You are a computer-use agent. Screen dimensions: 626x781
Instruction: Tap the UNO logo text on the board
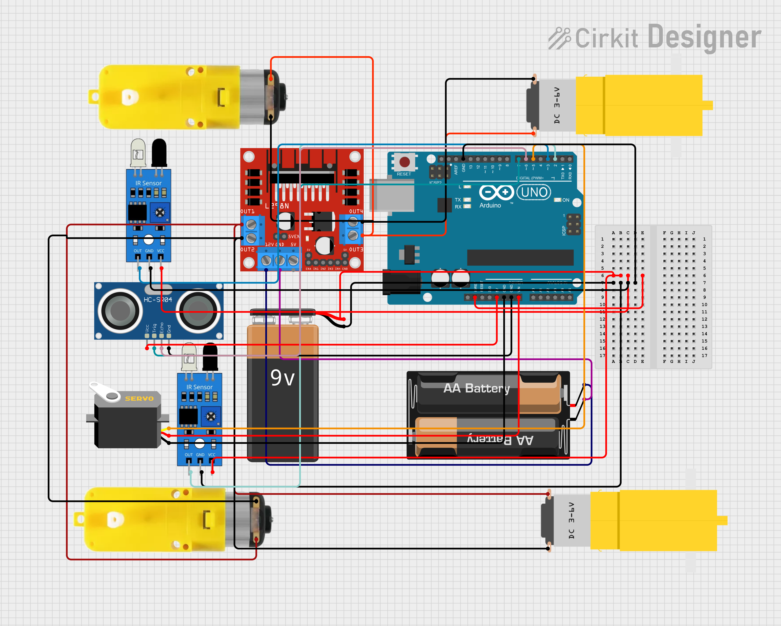tap(534, 192)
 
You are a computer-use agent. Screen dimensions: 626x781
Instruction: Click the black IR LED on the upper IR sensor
tap(159, 152)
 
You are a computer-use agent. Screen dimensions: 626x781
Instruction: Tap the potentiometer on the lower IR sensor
tap(211, 416)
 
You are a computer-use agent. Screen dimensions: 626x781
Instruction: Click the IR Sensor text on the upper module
tap(148, 183)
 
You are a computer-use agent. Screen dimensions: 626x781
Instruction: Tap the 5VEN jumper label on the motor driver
tap(293, 236)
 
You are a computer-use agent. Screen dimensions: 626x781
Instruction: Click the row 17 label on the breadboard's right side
tap(704, 356)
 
